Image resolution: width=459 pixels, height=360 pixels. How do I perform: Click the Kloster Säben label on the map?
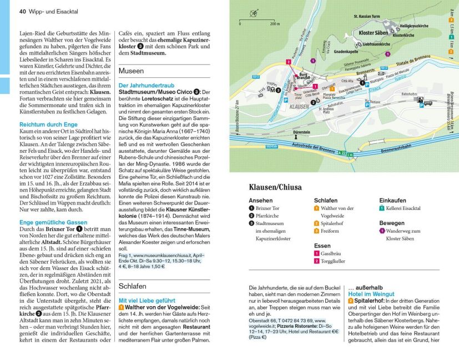tap(374, 33)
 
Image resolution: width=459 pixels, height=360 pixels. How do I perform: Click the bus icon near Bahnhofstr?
tap(427, 102)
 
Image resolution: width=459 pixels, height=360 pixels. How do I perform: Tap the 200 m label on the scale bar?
tap(275, 24)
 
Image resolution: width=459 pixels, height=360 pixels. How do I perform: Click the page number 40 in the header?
tap(23, 11)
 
